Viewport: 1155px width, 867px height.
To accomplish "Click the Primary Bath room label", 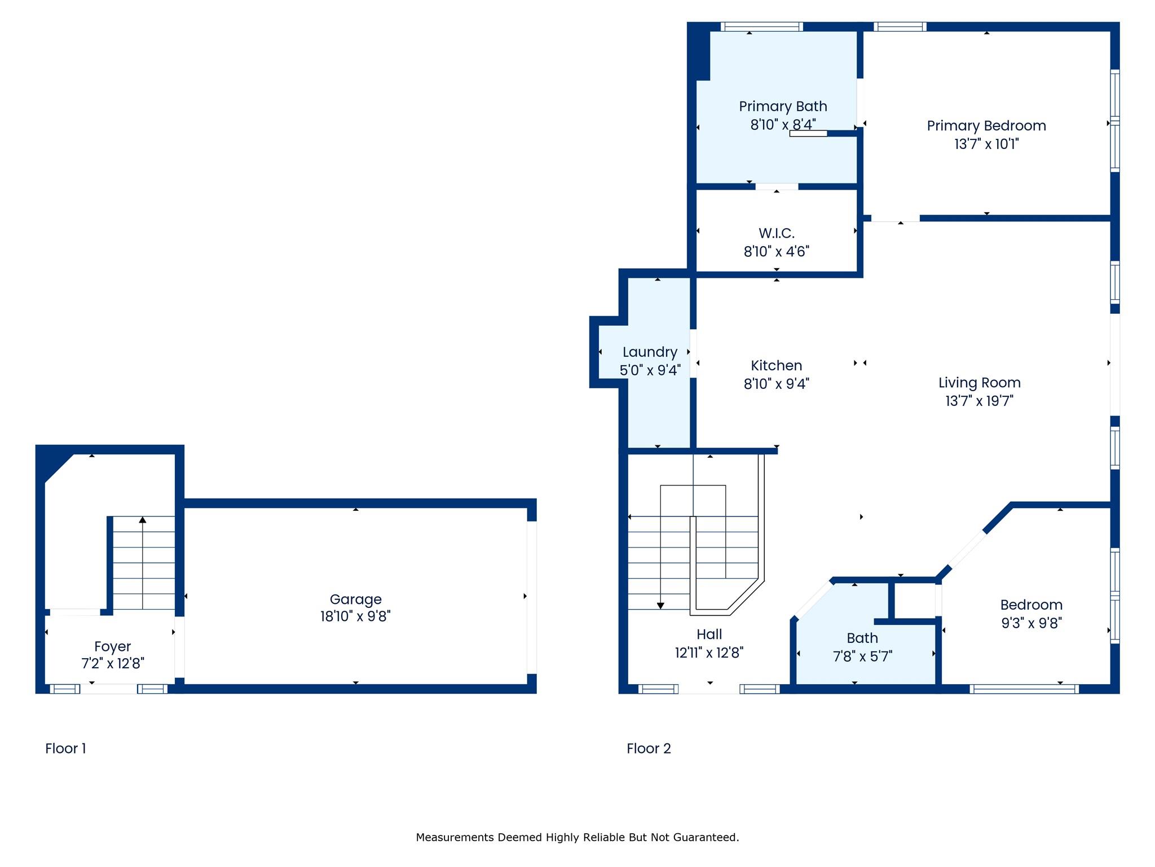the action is click(783, 106).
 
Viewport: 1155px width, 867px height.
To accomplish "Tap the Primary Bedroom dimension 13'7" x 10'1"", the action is click(986, 144).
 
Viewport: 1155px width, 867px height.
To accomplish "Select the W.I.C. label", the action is click(777, 233).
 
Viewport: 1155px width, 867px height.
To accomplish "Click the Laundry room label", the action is click(650, 352).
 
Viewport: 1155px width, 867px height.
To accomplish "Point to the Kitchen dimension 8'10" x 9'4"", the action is click(777, 384).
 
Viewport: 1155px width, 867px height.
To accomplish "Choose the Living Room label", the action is click(980, 383).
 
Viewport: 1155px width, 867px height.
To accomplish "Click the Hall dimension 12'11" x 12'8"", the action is click(709, 653).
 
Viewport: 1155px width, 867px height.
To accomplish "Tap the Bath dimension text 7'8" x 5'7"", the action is click(862, 656).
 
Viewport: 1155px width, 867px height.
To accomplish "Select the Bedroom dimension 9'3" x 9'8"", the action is click(1031, 623).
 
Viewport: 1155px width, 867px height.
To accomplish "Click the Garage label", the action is click(356, 599).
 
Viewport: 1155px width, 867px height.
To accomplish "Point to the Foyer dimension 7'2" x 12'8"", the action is click(113, 663).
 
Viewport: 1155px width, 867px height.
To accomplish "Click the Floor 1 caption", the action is click(65, 748).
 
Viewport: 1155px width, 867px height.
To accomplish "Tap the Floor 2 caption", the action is click(649, 748).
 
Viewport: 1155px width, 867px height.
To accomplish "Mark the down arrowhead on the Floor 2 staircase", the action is click(660, 606).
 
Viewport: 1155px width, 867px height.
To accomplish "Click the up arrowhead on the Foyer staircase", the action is click(143, 520).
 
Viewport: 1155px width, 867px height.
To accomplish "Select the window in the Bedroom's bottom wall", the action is click(1024, 689).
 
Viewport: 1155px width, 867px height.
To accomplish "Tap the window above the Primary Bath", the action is click(762, 26).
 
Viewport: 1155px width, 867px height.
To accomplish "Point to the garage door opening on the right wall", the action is click(532, 597).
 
